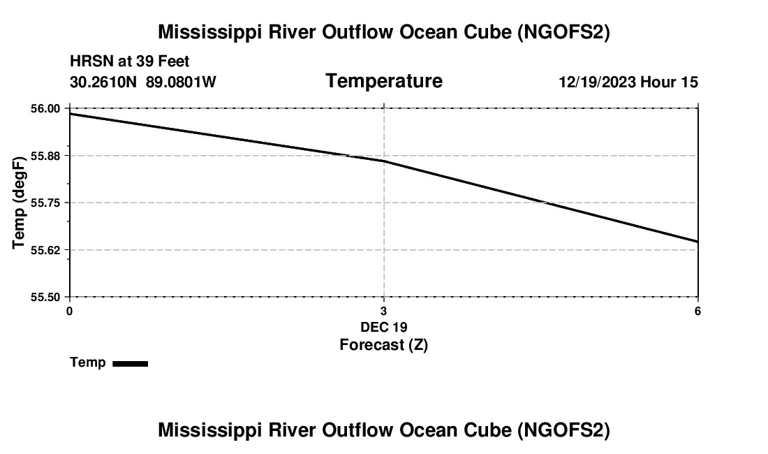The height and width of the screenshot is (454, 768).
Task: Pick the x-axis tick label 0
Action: [x=69, y=311]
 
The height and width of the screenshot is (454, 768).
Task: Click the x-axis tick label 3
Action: [x=383, y=311]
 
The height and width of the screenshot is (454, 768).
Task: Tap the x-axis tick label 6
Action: [x=697, y=311]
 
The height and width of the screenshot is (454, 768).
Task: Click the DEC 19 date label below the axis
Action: [x=383, y=327]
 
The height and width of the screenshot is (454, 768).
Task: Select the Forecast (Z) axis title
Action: [x=383, y=345]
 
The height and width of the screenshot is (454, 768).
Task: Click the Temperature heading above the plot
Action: [x=383, y=82]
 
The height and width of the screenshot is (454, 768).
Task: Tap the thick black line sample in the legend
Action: [x=130, y=363]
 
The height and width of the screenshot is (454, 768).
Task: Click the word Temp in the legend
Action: [x=88, y=363]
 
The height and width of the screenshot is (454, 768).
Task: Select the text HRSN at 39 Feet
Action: [x=130, y=62]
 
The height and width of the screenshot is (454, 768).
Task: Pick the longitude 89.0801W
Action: [x=181, y=82]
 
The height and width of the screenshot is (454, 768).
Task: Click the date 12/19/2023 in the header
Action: [x=597, y=82]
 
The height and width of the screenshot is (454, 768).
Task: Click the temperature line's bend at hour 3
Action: [x=383, y=161]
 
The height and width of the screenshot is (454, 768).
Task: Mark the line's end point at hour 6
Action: [x=697, y=242]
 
